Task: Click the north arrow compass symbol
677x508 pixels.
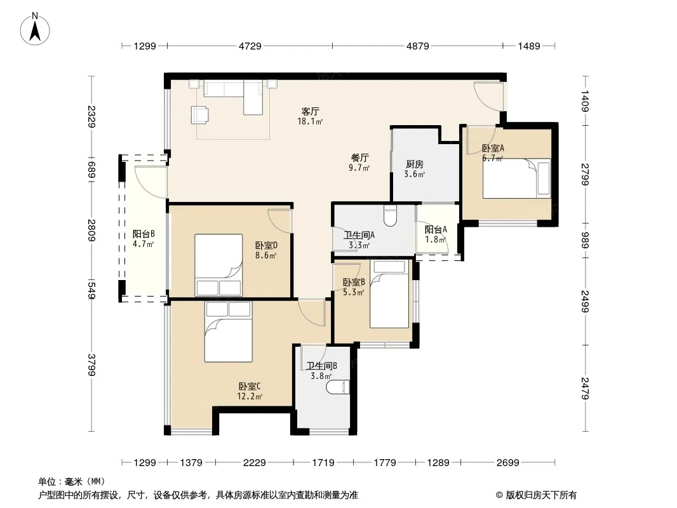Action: (35, 29)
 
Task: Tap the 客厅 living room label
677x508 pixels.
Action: (310, 111)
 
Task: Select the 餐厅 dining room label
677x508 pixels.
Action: (359, 157)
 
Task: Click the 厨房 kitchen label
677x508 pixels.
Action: (415, 164)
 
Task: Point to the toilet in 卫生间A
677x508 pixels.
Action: (391, 215)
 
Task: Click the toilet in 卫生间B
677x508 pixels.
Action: (337, 387)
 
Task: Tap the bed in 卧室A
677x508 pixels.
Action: (516, 178)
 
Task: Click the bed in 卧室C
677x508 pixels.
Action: (228, 331)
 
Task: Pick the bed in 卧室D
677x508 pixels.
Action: (218, 265)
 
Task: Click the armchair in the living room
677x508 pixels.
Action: (199, 115)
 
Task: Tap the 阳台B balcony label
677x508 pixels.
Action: (144, 234)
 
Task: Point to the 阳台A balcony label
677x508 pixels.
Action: (436, 230)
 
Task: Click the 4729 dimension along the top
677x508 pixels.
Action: (250, 46)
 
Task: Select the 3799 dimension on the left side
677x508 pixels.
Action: (91, 365)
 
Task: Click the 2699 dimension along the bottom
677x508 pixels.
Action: (508, 463)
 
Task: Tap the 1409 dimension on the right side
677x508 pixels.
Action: (585, 100)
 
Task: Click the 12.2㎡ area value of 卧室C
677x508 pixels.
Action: (250, 396)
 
